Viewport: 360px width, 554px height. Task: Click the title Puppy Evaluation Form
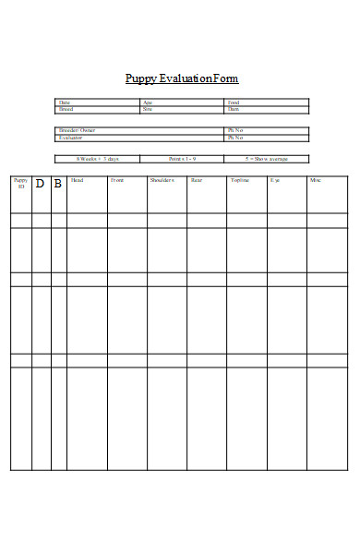[181, 78]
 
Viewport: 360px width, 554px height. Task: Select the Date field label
[64, 102]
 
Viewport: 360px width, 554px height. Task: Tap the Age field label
[147, 102]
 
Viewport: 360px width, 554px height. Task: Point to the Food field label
[233, 102]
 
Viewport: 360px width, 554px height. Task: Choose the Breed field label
[65, 108]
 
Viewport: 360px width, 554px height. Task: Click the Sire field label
[147, 108]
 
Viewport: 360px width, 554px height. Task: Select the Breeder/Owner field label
[76, 130]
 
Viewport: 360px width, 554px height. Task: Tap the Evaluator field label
[70, 137]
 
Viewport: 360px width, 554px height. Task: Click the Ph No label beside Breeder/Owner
[235, 130]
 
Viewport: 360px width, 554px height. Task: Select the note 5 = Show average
[265, 158]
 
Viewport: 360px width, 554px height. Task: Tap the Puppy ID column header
[21, 183]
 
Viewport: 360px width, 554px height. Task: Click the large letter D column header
[40, 184]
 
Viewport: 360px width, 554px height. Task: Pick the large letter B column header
[58, 184]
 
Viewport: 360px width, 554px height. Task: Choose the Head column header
[77, 180]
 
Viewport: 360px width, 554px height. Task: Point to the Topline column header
[239, 180]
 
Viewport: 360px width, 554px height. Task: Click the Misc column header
[316, 180]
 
